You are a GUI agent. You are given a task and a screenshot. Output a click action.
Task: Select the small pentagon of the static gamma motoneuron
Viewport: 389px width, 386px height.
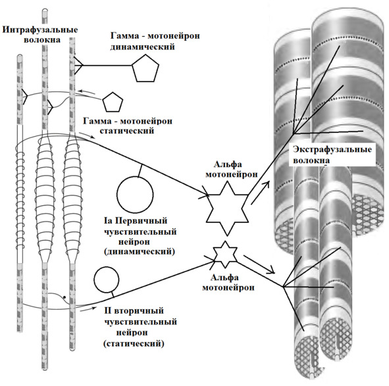[x=113, y=102]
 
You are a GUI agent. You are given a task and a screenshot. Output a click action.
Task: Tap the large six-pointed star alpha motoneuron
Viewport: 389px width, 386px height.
[x=227, y=208]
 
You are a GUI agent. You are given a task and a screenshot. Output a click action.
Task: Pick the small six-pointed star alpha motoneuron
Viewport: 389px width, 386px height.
[x=225, y=254]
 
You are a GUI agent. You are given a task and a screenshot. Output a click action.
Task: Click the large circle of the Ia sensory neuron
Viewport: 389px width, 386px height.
[x=135, y=195]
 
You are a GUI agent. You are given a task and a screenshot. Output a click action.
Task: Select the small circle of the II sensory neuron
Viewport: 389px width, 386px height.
[x=106, y=279]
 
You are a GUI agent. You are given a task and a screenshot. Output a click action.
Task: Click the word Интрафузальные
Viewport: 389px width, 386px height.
[x=40, y=30]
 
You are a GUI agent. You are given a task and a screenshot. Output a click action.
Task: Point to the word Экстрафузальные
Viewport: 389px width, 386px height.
[x=332, y=149]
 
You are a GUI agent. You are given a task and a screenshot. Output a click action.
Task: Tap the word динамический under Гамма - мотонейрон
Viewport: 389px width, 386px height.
[x=142, y=47]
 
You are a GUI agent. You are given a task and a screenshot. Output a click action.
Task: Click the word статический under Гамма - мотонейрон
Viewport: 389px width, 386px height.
[x=127, y=131]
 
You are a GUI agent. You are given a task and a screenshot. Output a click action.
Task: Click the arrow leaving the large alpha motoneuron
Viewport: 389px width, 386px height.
[x=260, y=193]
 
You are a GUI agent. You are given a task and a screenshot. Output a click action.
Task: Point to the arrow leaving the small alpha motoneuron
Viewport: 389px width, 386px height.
[x=259, y=264]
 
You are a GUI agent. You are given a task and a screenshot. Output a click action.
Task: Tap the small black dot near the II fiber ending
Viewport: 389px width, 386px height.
[x=65, y=297]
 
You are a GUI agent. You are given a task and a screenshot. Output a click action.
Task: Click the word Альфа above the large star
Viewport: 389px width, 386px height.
[x=228, y=164]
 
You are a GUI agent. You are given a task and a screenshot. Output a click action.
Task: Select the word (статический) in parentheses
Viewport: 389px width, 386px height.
[x=134, y=344]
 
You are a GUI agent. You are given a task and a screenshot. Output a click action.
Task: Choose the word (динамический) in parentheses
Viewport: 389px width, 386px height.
[x=140, y=251]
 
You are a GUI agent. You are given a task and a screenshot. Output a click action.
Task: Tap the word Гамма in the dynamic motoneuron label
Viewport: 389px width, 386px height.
[x=125, y=36]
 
